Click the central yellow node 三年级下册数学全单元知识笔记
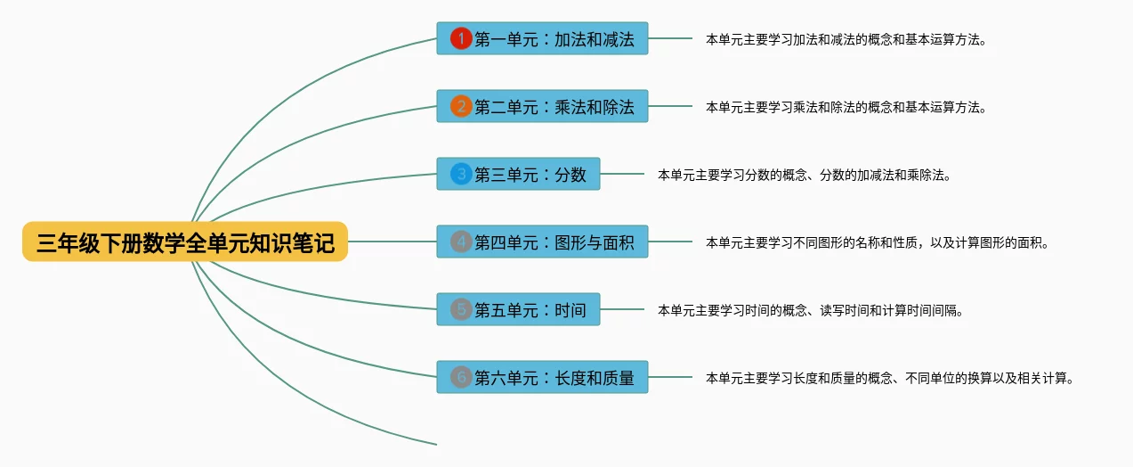click(x=185, y=242)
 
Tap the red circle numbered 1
click(x=461, y=38)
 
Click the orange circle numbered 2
click(x=461, y=106)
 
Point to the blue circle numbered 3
click(x=461, y=174)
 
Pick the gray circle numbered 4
click(x=461, y=242)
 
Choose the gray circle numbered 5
click(x=461, y=309)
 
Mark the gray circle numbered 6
click(x=461, y=377)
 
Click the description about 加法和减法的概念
click(x=846, y=39)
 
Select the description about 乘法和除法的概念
click(x=846, y=107)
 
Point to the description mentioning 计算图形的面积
click(x=878, y=242)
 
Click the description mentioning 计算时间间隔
click(x=811, y=310)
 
